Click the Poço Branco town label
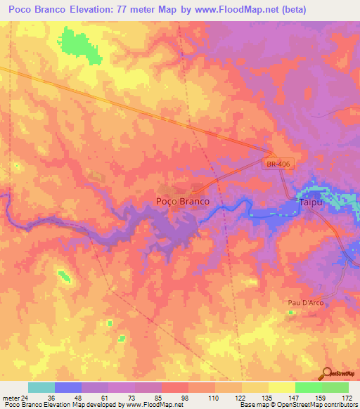tap(181, 201)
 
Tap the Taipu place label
tap(311, 202)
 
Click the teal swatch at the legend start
tap(41, 387)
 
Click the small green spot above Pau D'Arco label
tap(291, 312)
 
